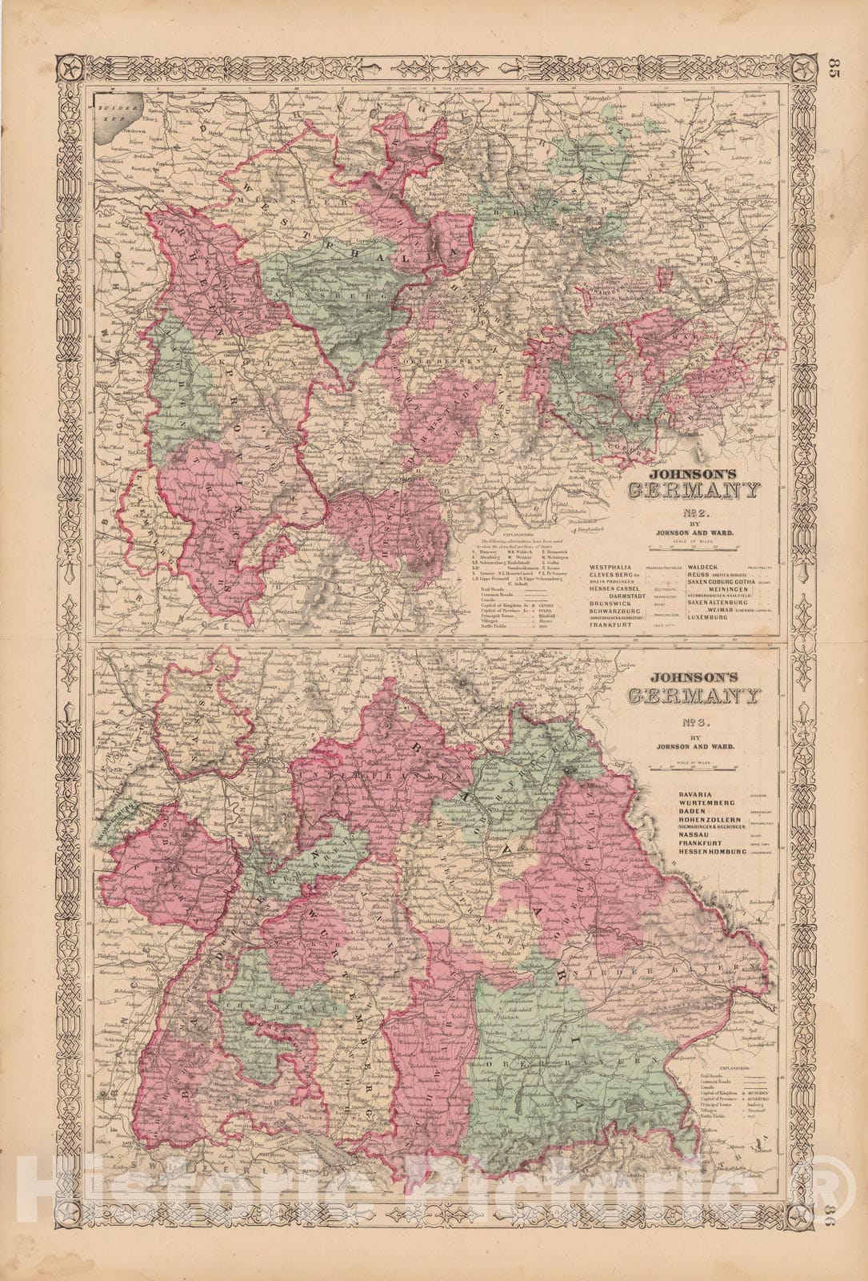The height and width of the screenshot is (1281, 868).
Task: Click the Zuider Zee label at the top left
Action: pyautogui.click(x=109, y=113)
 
